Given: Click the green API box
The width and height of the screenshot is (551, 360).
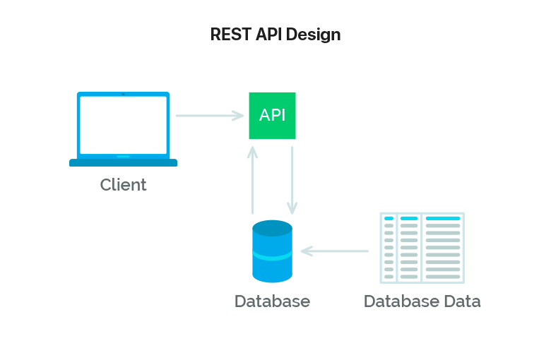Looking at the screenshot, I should (x=272, y=116).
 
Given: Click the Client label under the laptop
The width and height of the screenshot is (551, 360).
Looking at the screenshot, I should (x=123, y=185).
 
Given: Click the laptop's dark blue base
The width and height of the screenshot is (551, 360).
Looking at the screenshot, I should (x=123, y=163).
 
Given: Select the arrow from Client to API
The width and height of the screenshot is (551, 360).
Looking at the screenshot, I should (x=209, y=115).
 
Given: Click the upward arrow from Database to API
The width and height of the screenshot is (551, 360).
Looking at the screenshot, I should (x=252, y=180).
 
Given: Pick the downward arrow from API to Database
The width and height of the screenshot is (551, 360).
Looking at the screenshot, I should (x=292, y=180).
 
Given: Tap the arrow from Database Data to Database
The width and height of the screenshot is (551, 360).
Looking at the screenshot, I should (x=335, y=251).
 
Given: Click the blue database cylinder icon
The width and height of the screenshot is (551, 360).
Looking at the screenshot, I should (x=272, y=251).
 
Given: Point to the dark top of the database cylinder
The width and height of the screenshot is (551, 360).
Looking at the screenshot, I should (x=272, y=228).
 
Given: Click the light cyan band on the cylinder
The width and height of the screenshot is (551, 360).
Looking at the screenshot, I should (x=272, y=255).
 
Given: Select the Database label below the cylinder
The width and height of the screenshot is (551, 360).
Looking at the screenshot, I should (x=272, y=301).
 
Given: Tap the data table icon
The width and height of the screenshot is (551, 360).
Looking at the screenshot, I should (x=422, y=247).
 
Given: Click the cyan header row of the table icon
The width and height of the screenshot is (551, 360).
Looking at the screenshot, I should (x=422, y=219).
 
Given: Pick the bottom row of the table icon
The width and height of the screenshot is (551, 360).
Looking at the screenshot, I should (x=422, y=277).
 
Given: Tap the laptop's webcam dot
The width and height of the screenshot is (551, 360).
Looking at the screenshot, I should (x=123, y=94).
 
